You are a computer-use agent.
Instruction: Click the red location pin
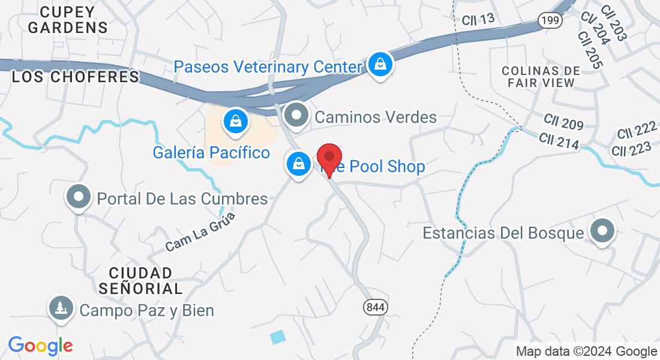(x=329, y=158)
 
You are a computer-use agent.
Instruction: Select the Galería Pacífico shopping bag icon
(x=236, y=121)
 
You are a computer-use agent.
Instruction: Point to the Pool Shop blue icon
(x=298, y=163)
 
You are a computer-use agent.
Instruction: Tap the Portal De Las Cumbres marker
(x=78, y=197)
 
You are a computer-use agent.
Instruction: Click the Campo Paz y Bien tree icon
(x=61, y=309)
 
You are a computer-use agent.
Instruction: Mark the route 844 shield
(x=375, y=307)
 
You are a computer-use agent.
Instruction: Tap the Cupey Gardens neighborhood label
(x=68, y=20)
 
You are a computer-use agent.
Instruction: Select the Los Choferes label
(x=76, y=77)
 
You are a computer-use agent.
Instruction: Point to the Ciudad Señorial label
(x=140, y=280)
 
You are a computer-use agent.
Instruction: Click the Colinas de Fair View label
(x=541, y=77)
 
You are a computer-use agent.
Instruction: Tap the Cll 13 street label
(x=478, y=20)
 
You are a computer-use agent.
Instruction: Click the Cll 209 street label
(x=564, y=123)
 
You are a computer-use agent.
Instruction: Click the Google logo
(x=40, y=346)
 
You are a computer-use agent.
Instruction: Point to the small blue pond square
(x=278, y=337)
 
